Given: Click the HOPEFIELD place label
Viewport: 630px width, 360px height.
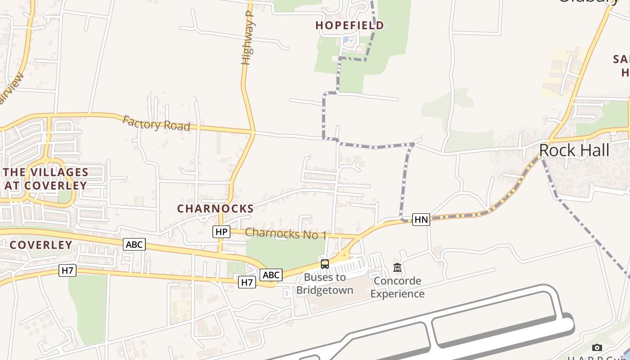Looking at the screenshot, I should [x=350, y=25].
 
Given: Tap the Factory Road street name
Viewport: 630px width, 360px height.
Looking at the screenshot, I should [x=156, y=123].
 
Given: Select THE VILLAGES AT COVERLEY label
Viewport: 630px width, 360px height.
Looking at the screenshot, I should [x=45, y=179].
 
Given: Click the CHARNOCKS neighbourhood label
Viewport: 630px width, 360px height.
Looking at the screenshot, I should [x=215, y=209].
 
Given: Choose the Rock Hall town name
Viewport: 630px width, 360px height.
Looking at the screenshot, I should [x=574, y=150].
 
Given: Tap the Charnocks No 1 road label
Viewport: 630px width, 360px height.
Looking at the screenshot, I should [x=286, y=234].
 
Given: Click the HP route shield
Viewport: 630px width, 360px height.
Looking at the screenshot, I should [x=221, y=232].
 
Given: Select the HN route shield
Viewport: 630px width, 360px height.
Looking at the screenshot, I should [x=421, y=220].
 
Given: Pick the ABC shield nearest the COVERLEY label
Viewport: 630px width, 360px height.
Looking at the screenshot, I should [x=134, y=244].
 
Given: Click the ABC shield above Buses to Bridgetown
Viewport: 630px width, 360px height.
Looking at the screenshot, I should [x=271, y=275].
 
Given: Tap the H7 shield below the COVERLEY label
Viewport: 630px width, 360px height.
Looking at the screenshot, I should [x=67, y=270].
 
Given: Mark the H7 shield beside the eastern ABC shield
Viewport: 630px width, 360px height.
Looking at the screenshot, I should [x=247, y=282].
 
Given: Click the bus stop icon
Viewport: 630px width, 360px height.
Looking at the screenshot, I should [x=324, y=264].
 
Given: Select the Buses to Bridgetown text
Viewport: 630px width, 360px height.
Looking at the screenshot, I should [x=324, y=283].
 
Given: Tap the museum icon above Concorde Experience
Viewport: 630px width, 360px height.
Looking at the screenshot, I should [x=397, y=268].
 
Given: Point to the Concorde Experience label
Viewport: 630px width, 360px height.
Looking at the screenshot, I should [x=397, y=287].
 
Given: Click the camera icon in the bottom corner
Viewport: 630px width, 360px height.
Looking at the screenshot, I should [x=597, y=347].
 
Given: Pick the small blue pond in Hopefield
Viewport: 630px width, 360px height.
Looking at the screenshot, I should [x=347, y=40].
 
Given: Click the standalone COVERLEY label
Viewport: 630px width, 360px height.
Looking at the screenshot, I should [x=41, y=245].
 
